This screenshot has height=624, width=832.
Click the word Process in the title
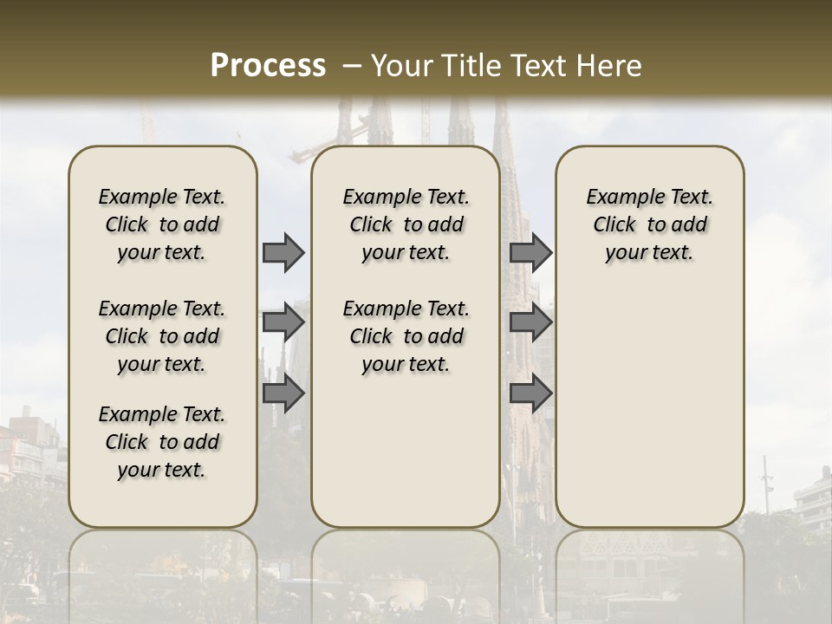[268, 65]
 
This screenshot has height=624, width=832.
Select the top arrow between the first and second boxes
[283, 252]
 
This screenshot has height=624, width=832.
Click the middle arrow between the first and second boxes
[283, 322]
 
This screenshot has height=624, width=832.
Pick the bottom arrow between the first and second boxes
[283, 393]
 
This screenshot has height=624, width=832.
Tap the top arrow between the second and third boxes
[530, 252]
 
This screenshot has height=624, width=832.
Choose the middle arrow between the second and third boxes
[530, 322]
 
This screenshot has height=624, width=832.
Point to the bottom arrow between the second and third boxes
[530, 393]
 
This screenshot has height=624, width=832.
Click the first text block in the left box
[162, 224]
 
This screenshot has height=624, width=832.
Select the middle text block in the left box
[162, 336]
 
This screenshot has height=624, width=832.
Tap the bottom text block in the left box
[162, 442]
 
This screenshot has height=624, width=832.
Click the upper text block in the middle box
[406, 224]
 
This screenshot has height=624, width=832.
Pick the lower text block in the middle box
[406, 336]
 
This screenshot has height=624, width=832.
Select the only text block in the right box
[650, 224]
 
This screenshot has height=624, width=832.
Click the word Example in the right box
[619, 197]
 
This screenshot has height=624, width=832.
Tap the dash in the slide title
[352, 65]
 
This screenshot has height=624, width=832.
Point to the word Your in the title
[400, 65]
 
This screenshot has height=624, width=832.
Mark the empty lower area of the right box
[650, 407]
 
